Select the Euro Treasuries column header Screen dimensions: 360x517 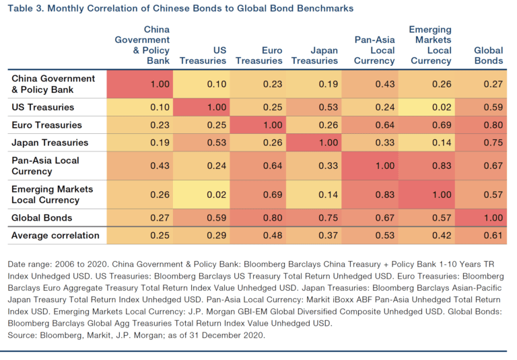[263, 55]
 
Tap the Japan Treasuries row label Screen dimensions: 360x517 [50, 143]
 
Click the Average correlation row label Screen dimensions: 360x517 [56, 236]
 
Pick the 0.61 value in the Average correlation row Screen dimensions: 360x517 [493, 236]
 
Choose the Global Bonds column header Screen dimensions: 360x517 [488, 55]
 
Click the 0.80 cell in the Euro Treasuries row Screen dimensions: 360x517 [493, 125]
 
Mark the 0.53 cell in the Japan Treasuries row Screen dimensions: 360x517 [215, 143]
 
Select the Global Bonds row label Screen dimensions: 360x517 [42, 218]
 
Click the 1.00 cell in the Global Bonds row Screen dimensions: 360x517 [493, 218]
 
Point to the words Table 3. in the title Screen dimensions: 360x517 [27, 8]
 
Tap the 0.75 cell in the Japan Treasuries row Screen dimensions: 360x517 [493, 143]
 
